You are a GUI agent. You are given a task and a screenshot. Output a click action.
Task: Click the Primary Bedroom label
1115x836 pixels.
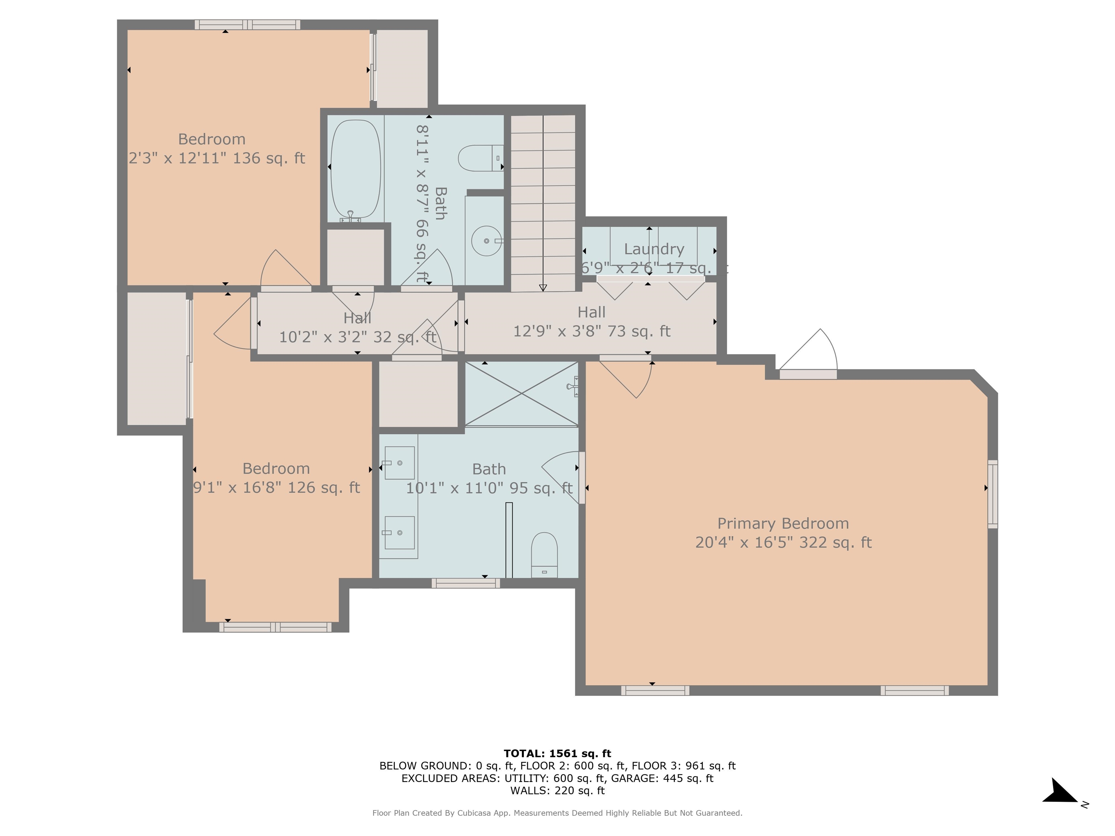point(783,524)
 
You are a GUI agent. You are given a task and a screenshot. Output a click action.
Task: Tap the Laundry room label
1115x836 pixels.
point(654,249)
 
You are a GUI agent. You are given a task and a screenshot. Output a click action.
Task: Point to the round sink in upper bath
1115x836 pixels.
point(486,241)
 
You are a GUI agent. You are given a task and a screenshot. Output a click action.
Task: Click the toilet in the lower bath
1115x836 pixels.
point(544,555)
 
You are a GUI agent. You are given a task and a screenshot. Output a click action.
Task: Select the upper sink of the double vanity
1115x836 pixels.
point(399,463)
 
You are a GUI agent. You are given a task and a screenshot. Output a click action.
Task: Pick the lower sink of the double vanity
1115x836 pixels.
point(399,533)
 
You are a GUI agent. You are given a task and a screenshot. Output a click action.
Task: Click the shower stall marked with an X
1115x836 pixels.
point(521,394)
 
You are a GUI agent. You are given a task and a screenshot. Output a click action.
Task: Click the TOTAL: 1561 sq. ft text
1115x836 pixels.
point(557,753)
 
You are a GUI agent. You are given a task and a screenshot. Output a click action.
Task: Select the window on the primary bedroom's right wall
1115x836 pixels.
point(992,494)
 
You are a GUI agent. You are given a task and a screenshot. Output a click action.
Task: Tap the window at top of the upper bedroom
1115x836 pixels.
point(247,25)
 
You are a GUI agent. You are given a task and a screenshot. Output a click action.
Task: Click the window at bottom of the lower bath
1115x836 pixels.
point(465,583)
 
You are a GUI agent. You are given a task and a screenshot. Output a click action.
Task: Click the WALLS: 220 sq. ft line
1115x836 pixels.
point(557,791)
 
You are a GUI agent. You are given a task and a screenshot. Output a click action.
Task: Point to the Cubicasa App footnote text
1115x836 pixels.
point(557,813)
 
